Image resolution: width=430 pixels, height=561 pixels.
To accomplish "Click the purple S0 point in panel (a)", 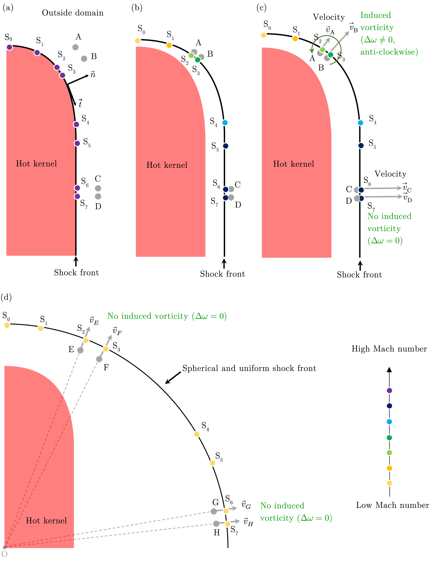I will click(10, 47).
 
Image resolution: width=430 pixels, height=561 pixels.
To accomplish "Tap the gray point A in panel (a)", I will click(75, 47).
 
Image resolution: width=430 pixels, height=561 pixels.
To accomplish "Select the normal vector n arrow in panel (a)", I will click(78, 80).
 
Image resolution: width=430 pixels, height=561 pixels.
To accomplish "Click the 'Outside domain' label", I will click(73, 13).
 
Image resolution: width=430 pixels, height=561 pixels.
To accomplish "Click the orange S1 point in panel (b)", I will click(169, 45).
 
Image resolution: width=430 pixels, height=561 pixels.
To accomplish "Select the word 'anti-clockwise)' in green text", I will click(389, 52).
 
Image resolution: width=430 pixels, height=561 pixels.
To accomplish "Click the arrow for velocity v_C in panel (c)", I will click(383, 188).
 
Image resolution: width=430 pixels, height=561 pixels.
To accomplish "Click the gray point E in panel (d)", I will click(80, 350).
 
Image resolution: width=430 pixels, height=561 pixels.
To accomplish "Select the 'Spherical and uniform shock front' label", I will click(249, 368).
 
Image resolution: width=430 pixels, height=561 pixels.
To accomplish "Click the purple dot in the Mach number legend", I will click(389, 390).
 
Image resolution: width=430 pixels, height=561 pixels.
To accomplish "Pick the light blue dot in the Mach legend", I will click(389, 422).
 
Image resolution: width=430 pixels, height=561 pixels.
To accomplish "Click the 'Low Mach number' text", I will click(392, 505).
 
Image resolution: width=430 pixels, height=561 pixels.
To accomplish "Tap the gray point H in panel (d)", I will click(216, 524).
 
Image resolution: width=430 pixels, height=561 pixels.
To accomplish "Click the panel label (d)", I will click(6, 297).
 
